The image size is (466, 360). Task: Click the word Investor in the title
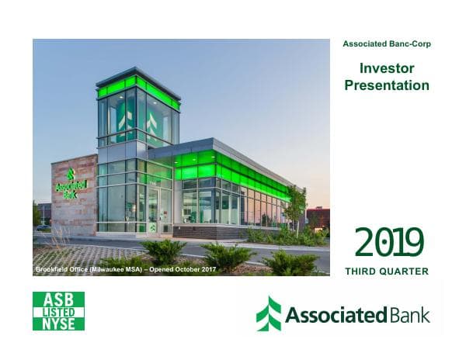tap(387, 69)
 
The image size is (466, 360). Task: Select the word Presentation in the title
tap(387, 85)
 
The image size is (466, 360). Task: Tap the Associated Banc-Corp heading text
tap(387, 44)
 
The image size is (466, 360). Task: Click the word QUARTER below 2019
tap(407, 271)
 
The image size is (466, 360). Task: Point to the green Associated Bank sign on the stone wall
tap(71, 186)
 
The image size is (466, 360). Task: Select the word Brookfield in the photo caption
tap(54, 268)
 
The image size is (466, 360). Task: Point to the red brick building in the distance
tap(318, 217)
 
